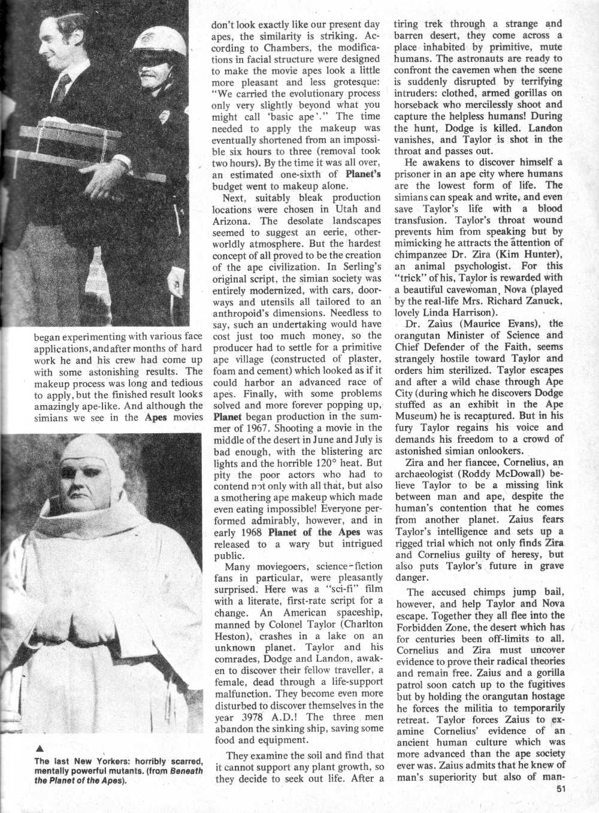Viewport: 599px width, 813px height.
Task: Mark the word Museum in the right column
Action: click(416, 416)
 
